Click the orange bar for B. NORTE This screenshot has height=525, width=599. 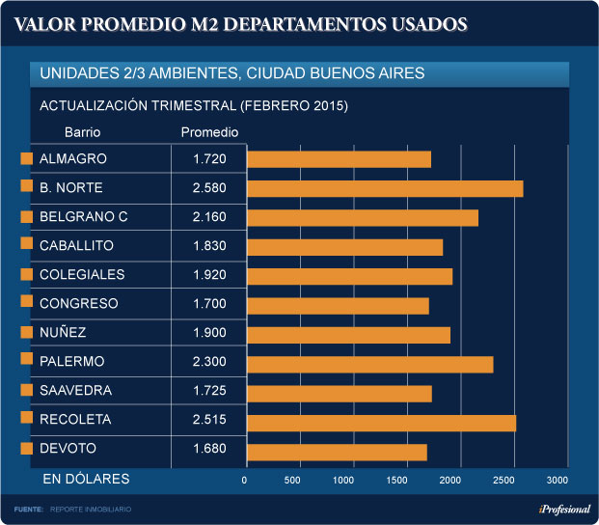pyautogui.click(x=385, y=188)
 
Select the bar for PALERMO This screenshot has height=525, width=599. pyautogui.click(x=370, y=364)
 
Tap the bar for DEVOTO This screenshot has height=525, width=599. pyautogui.click(x=337, y=452)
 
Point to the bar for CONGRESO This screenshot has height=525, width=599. pyautogui.click(x=338, y=306)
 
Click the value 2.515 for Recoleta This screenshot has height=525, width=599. pyautogui.click(x=209, y=420)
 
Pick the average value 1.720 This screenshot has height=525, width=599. pyautogui.click(x=209, y=158)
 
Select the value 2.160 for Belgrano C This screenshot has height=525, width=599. pyautogui.click(x=209, y=217)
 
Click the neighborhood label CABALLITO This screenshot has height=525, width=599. pyautogui.click(x=76, y=246)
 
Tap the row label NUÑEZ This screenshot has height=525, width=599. pyautogui.click(x=63, y=333)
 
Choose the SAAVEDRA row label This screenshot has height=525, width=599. pyautogui.click(x=75, y=391)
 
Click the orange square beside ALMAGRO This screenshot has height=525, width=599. pyautogui.click(x=27, y=158)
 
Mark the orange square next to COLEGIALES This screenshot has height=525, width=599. pyautogui.click(x=27, y=275)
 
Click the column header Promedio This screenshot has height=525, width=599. pyautogui.click(x=209, y=132)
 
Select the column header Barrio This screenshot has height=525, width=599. pyautogui.click(x=82, y=132)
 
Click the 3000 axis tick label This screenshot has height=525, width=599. pyautogui.click(x=557, y=480)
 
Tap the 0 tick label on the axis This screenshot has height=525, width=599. pyautogui.click(x=245, y=480)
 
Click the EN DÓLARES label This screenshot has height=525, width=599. pyautogui.click(x=85, y=479)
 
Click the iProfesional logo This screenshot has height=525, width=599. pyautogui.click(x=564, y=510)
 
